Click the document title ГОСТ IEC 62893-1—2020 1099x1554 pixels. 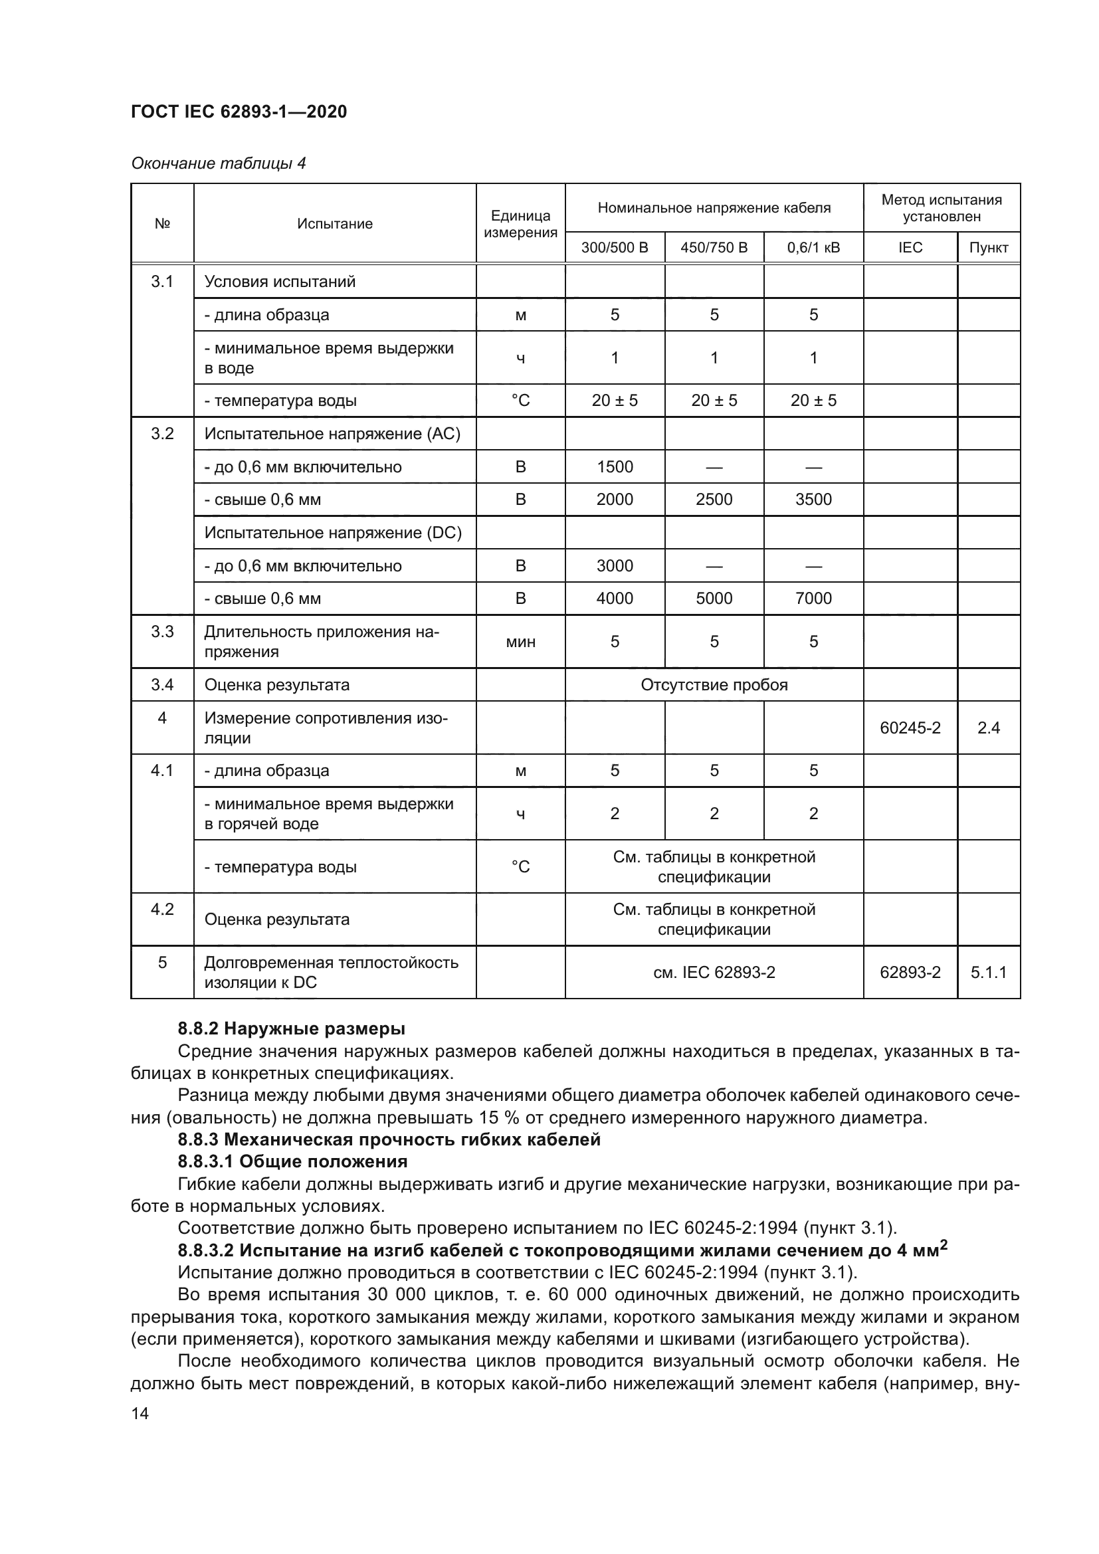click(x=239, y=112)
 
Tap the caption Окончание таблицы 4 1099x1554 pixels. click(x=218, y=163)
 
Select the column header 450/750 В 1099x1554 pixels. click(x=714, y=248)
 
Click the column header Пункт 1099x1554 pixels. click(x=988, y=248)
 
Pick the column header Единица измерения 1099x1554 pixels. click(x=520, y=224)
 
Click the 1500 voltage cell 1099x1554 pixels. click(x=615, y=467)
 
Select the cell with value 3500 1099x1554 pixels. click(x=813, y=500)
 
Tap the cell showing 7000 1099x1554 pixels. click(x=813, y=599)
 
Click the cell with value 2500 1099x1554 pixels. click(x=714, y=500)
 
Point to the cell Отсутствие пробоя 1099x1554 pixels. click(x=714, y=685)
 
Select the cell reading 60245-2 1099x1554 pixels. click(x=910, y=728)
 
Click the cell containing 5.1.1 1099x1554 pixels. click(x=988, y=973)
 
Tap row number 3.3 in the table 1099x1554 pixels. click(x=162, y=632)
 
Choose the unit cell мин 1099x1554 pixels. click(x=520, y=642)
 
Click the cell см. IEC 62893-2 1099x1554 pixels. click(x=714, y=973)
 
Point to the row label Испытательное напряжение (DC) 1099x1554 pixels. click(x=333, y=533)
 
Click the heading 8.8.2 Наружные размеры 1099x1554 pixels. click(x=291, y=1028)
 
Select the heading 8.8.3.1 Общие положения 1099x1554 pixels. click(x=292, y=1161)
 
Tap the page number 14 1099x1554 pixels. click(x=140, y=1414)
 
